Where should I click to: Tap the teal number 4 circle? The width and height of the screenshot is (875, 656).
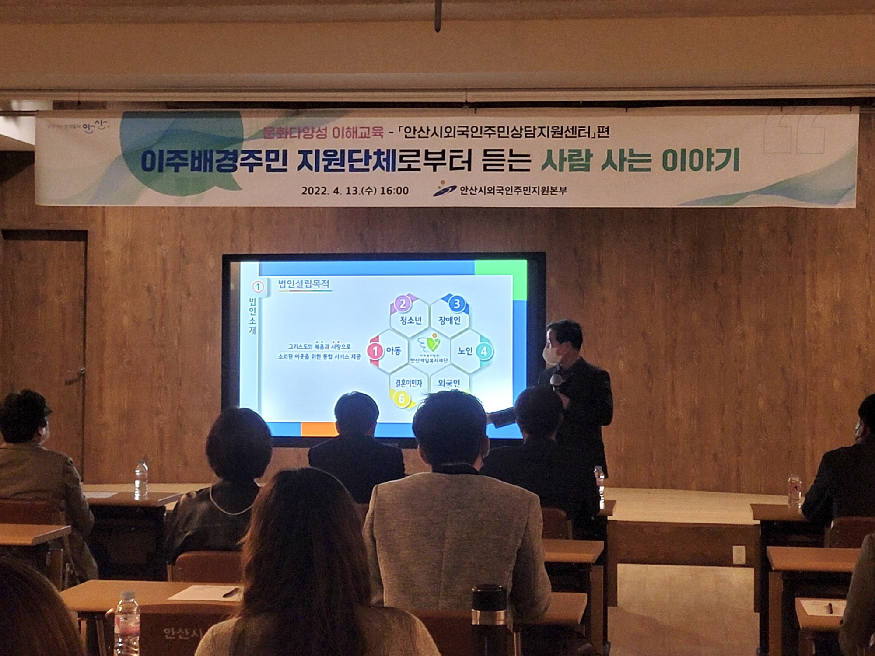(483, 351)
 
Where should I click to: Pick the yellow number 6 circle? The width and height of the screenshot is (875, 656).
(402, 399)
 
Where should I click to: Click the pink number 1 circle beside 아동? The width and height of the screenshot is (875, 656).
(375, 351)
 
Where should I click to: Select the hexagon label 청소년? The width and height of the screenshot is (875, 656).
(410, 321)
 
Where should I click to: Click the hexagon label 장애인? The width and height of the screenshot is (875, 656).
(449, 321)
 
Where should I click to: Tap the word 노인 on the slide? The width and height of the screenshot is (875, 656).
(465, 351)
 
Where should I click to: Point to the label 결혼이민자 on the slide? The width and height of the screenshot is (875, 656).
(406, 384)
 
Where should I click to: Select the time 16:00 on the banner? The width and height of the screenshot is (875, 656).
(394, 191)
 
